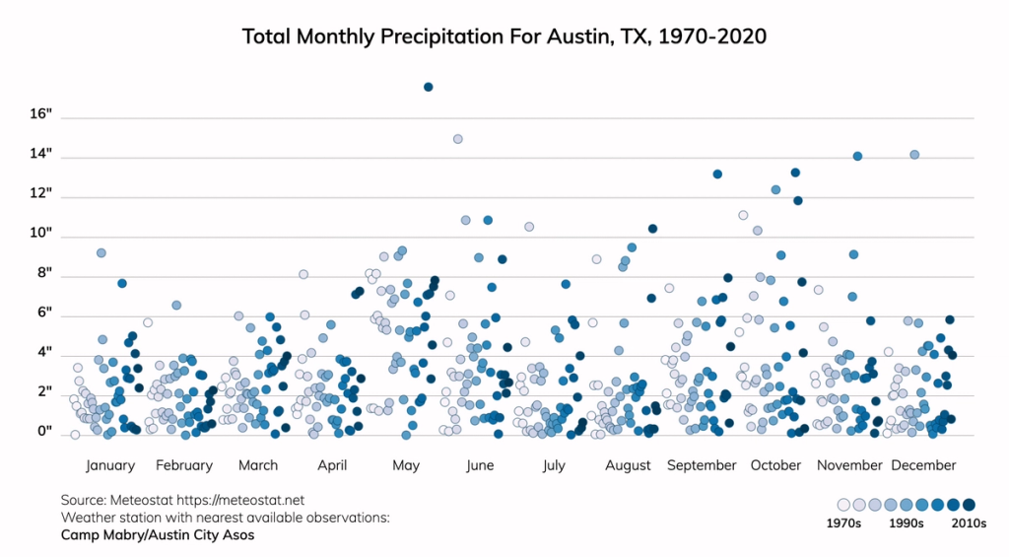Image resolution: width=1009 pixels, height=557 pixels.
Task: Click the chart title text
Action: click(x=504, y=37)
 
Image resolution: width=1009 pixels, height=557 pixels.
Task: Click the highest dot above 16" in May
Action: click(x=429, y=87)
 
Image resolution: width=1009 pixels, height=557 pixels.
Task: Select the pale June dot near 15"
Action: click(x=457, y=139)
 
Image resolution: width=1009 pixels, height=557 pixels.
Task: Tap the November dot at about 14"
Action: click(x=857, y=156)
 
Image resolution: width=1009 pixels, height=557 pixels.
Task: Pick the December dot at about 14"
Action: click(x=914, y=155)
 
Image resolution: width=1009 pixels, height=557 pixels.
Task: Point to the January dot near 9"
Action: click(x=101, y=253)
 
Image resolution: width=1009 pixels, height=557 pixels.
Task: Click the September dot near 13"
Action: click(x=717, y=174)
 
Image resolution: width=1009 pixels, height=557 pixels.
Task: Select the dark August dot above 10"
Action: click(x=652, y=229)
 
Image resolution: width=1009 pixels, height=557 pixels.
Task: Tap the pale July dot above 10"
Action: click(x=529, y=227)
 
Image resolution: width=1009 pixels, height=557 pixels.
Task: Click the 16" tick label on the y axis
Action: click(x=41, y=115)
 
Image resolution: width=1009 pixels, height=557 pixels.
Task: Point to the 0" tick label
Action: click(x=44, y=433)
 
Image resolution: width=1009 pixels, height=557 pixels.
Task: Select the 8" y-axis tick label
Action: click(x=44, y=274)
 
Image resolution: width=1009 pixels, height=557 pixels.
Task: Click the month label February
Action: click(x=184, y=465)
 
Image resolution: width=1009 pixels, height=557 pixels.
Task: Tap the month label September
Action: click(x=702, y=465)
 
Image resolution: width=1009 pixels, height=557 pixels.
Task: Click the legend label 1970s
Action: click(x=843, y=524)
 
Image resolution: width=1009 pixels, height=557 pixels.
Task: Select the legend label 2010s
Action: click(x=968, y=524)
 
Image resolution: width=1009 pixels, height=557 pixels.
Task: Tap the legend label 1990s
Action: click(x=906, y=524)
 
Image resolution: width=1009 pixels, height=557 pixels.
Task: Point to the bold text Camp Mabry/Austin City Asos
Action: click(x=158, y=535)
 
